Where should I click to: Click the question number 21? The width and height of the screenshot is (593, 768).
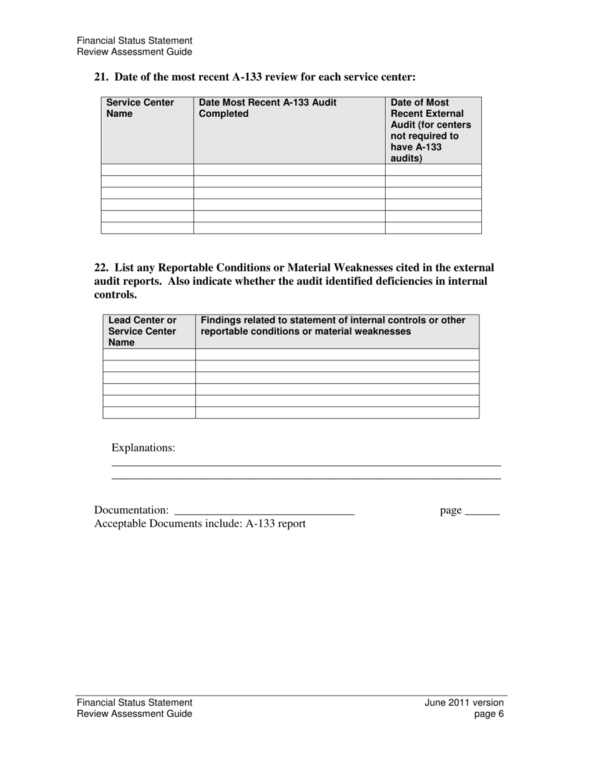[100, 77]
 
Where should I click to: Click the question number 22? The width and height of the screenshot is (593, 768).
[100, 268]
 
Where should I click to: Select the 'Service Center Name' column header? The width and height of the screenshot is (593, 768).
[140, 108]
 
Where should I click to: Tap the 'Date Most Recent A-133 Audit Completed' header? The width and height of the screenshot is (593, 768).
[267, 108]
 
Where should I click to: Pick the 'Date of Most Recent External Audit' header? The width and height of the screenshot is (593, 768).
[431, 130]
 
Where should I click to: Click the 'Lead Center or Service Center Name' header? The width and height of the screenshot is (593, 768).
[142, 331]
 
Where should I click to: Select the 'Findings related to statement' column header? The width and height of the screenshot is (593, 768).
[333, 325]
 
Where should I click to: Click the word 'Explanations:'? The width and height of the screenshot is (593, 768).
[143, 448]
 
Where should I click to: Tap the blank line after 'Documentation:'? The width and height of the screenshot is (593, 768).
[265, 511]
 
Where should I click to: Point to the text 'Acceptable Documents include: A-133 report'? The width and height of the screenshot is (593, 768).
[200, 523]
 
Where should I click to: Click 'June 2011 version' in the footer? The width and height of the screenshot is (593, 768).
[464, 702]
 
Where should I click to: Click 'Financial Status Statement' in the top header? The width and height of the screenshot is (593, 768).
[134, 41]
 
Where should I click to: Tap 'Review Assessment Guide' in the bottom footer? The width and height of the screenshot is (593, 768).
[134, 714]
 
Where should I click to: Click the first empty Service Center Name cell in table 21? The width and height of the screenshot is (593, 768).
[147, 170]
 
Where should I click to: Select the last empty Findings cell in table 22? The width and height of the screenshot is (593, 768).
[337, 412]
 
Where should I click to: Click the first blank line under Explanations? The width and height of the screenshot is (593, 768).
[306, 463]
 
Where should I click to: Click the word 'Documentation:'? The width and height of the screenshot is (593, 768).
[131, 511]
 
